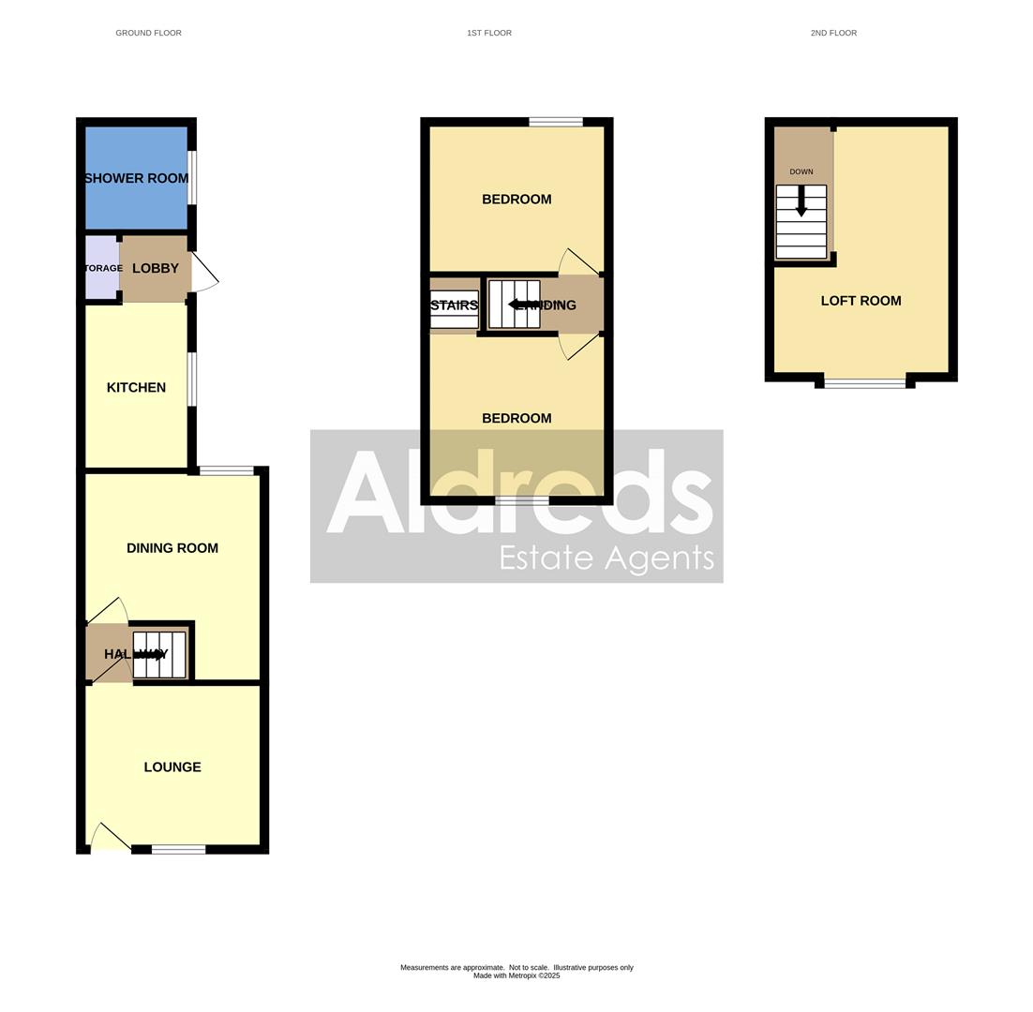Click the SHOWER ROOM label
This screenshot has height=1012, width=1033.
coord(136,178)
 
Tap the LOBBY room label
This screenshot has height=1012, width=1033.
coord(156,268)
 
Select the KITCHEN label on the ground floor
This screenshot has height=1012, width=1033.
coord(136,387)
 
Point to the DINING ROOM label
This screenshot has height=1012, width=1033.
coord(172,548)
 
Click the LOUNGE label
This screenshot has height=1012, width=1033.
coord(172,766)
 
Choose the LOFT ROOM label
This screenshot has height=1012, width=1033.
coord(861,301)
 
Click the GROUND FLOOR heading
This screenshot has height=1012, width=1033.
coord(148,33)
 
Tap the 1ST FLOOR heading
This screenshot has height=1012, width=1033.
coord(489,33)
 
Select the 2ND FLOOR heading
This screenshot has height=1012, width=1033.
coord(833,33)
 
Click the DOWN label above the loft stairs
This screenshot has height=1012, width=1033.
coord(801,171)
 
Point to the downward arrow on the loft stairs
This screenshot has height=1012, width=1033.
coord(801,202)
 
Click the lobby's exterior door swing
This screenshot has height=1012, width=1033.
coord(205,273)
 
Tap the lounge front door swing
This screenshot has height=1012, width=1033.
coord(110,837)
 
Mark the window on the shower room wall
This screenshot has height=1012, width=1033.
coord(192,177)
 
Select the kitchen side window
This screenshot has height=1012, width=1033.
coord(192,379)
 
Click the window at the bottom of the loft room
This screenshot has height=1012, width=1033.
coord(864,382)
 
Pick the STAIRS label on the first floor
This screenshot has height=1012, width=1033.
coord(454,305)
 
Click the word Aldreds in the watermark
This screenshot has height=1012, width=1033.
coord(519,492)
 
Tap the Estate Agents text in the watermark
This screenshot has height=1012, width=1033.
coord(606,558)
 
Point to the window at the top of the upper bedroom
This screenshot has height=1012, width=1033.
coord(556,122)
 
